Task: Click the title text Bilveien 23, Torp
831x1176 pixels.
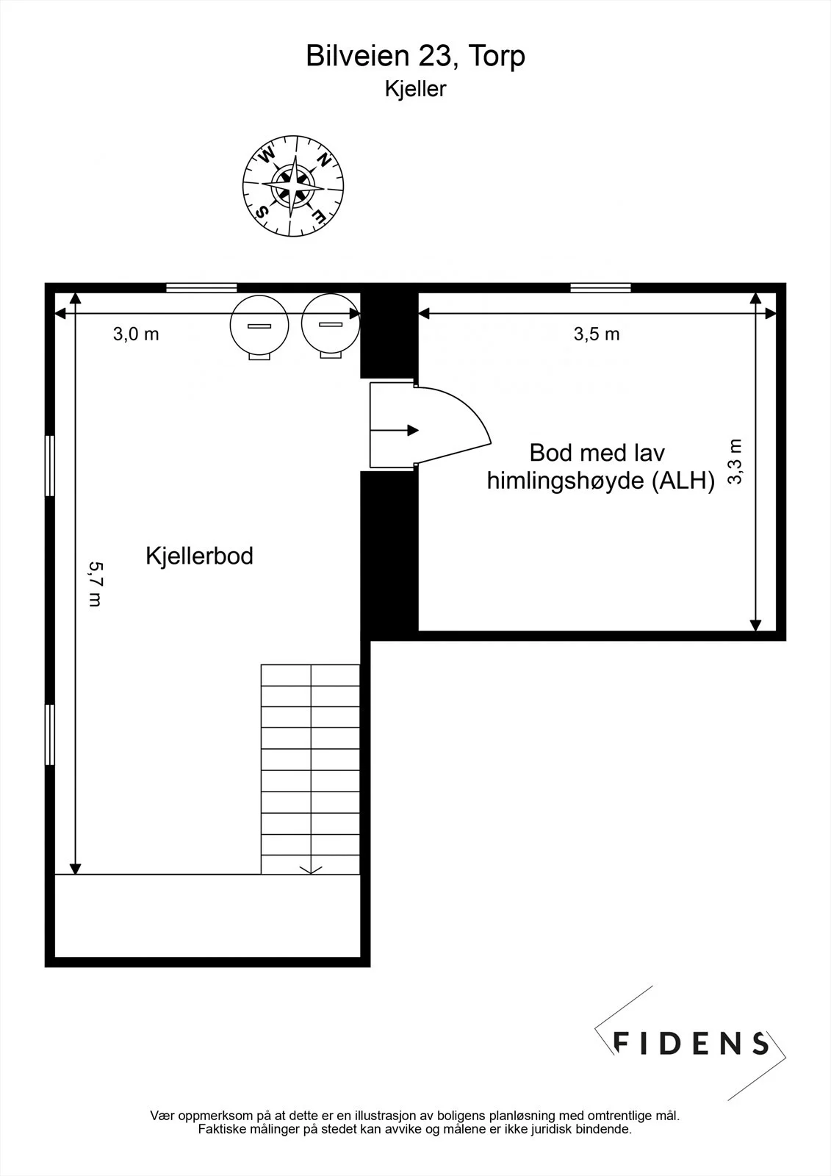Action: coord(415,56)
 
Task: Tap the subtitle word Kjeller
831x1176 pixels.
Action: coord(415,89)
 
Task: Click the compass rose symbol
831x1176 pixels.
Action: coord(293,186)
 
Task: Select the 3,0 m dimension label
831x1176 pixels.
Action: coord(136,334)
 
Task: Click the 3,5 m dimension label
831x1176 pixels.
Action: coord(597,334)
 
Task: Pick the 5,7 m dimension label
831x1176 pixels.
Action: coord(96,584)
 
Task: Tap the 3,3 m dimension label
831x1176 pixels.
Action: coord(735,462)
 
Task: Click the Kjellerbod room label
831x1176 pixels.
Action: coord(199,556)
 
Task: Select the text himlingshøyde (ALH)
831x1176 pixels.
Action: coord(601,481)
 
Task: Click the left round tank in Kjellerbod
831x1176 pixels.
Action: coord(259,326)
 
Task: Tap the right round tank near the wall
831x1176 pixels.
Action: coord(331,325)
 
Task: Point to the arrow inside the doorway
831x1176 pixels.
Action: coord(395,431)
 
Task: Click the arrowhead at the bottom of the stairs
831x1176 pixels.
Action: coord(311,870)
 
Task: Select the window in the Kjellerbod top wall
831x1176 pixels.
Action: coord(201,287)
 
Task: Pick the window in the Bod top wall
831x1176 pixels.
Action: coord(600,287)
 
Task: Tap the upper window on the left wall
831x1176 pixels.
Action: coord(50,466)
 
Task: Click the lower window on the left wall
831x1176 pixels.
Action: coord(50,734)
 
